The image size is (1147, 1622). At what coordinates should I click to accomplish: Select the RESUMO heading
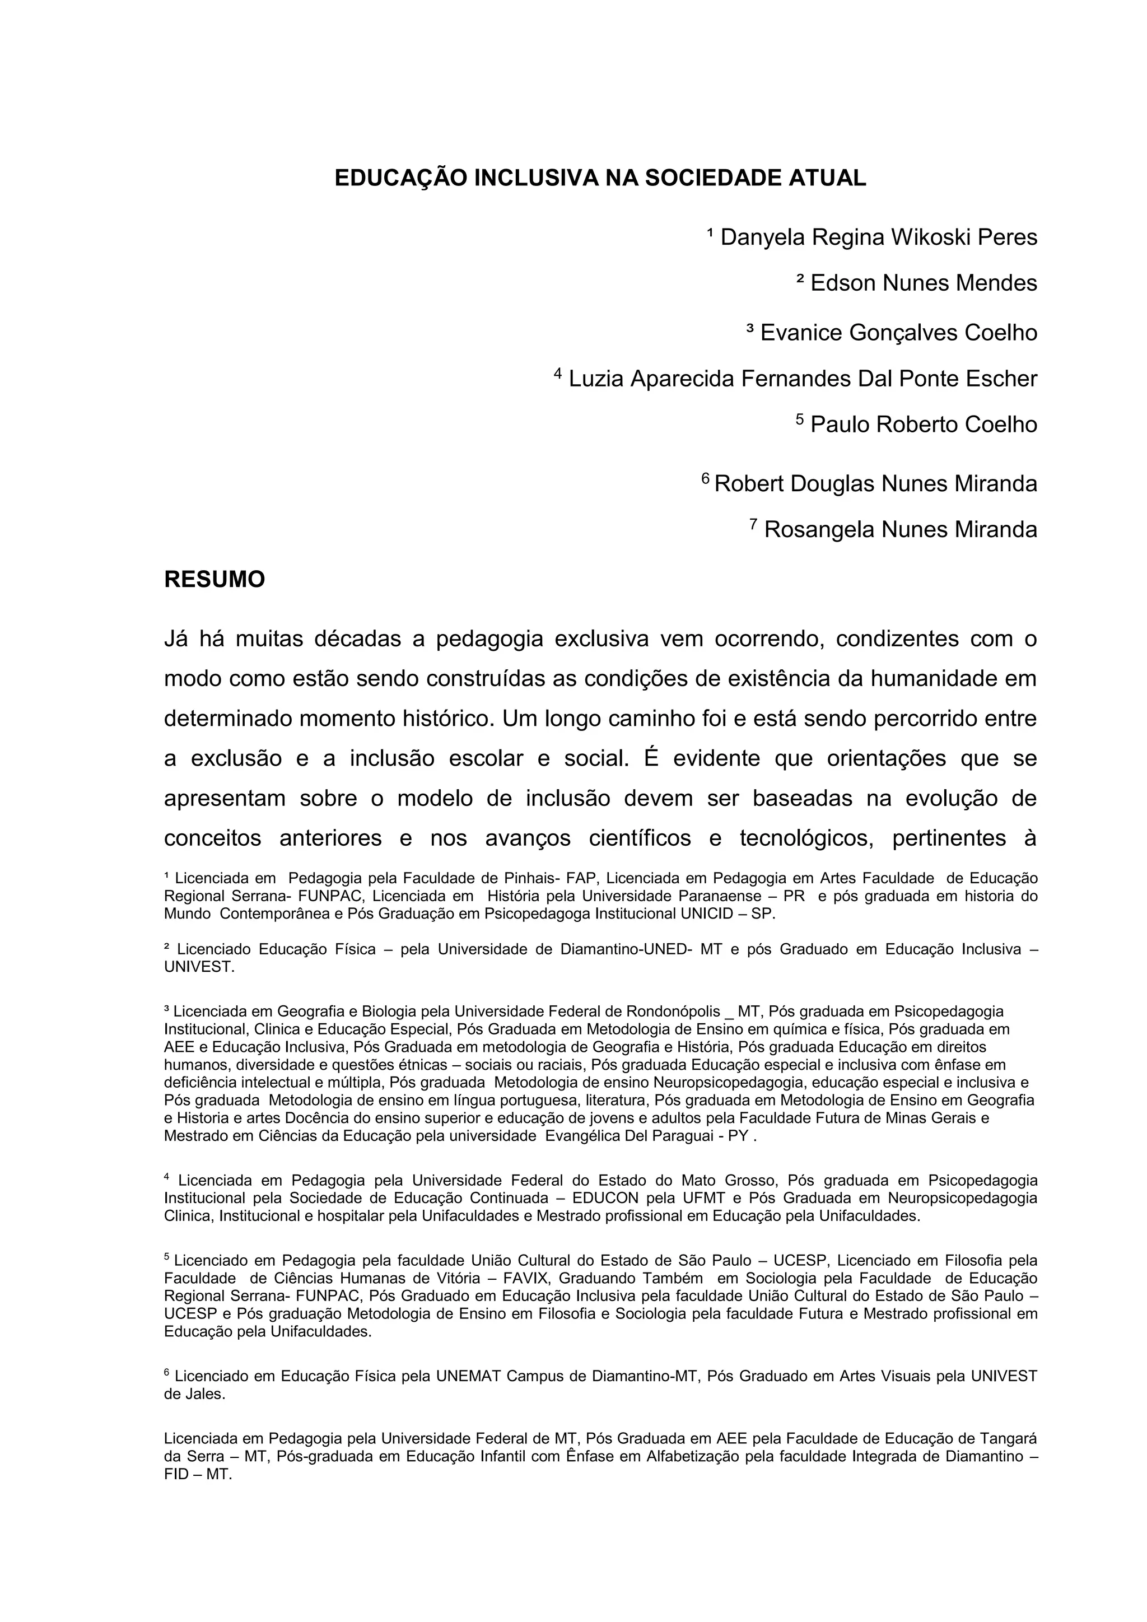[x=214, y=579]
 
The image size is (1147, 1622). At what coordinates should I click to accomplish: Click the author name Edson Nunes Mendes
[x=924, y=283]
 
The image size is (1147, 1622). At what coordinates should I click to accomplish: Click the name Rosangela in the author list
[x=819, y=529]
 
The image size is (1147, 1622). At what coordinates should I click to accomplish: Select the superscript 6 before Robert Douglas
[x=705, y=479]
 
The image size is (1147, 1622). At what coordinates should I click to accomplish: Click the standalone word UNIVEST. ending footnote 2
[x=198, y=967]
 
